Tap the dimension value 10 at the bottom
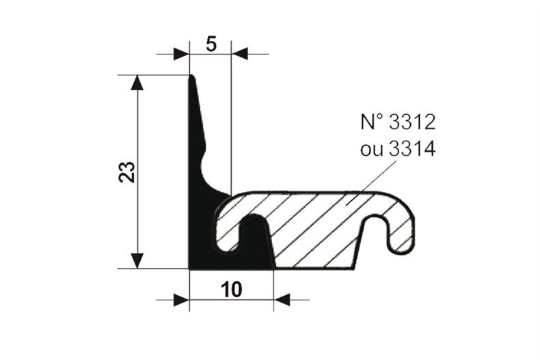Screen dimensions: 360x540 coord(231,290)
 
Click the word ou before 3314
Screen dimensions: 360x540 coord(372,149)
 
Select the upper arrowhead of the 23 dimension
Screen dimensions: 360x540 coord(137,83)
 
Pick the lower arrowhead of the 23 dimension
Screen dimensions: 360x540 coord(137,260)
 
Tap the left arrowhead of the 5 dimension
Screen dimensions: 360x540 coord(180,53)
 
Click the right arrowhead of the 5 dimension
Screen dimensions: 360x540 coord(240,53)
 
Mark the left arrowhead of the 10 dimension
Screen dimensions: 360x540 coord(180,299)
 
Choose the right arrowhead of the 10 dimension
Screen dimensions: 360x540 coord(282,299)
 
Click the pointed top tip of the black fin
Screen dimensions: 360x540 coord(191,77)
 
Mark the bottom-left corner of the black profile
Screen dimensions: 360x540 coord(191,267)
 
